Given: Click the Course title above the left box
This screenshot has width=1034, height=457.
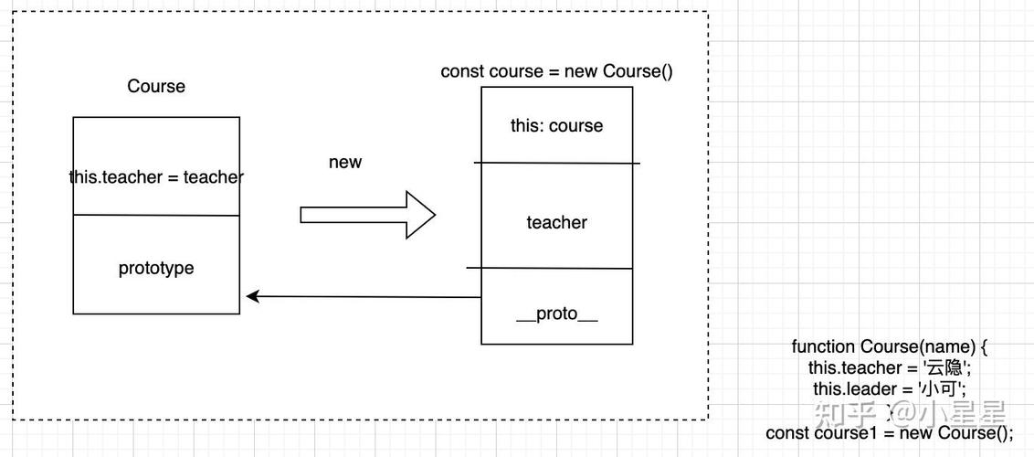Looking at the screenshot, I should pos(156,87).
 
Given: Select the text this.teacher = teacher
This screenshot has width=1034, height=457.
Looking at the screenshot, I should pos(156,177).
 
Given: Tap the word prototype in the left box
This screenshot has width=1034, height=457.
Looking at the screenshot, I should pos(156,269).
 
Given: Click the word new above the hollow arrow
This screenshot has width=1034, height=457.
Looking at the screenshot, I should pos(345,163).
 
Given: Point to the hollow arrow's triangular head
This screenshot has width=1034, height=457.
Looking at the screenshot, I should pos(420,216).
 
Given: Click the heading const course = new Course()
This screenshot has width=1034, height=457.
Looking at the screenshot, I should pos(556,71).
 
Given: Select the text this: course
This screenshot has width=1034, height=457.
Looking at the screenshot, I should pos(556,126).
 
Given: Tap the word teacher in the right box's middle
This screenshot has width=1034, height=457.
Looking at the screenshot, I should pos(556,222).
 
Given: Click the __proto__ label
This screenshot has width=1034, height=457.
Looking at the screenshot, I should pos(556,314).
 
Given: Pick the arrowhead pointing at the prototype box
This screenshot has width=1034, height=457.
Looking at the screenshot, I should pos(253,296).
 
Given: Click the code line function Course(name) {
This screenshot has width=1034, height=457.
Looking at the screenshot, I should pos(890,347).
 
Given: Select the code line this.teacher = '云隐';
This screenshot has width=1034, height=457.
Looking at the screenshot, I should pos(890,368).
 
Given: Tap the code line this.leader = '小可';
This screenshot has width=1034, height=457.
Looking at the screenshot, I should pos(890,389).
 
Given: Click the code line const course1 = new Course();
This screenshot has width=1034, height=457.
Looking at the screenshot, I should pos(890,432).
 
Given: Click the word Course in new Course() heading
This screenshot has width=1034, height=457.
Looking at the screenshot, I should pos(632,71).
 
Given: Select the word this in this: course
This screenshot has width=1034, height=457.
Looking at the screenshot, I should pos(526,126).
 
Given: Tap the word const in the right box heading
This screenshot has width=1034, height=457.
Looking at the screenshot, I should pos(462,71).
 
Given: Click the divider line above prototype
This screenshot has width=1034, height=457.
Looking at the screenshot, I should pos(156,216).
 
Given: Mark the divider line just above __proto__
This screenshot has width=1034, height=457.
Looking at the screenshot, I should pos(551,269).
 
